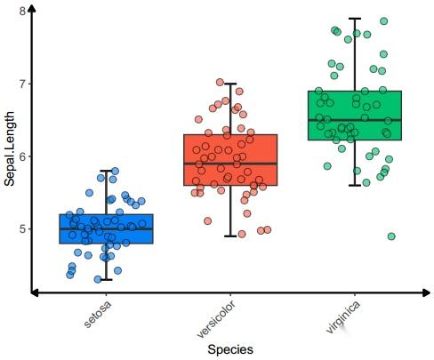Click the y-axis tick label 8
point(22,11)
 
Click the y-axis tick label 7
point(22,84)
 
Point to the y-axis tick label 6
point(22,156)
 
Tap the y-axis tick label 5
point(22,229)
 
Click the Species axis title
point(230,349)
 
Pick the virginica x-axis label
point(342,316)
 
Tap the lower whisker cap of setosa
point(106,280)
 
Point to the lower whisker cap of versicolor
point(230,236)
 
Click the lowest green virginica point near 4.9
point(391,236)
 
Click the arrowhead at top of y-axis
point(32,7)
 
